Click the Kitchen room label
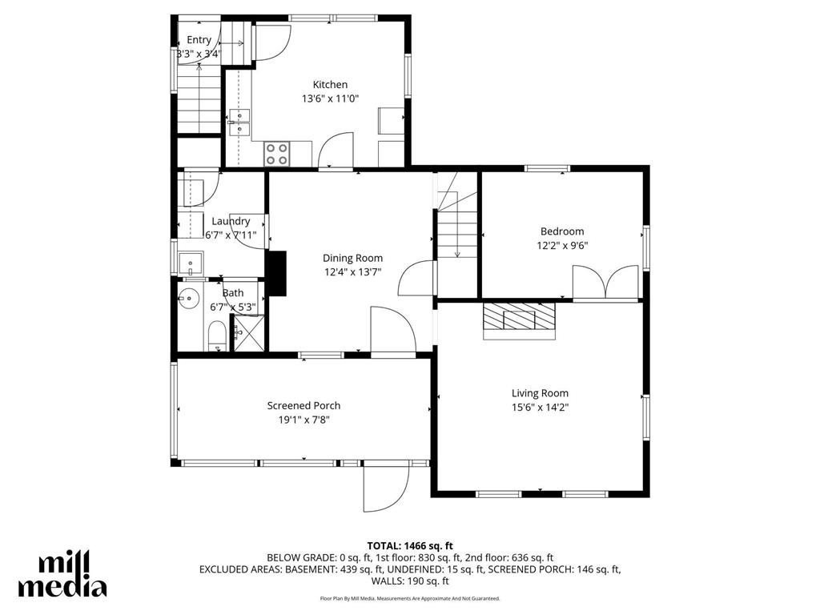[330, 84]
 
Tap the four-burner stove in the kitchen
[277, 153]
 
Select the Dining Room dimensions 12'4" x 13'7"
[352, 271]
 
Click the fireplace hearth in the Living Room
[518, 320]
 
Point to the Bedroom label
[561, 231]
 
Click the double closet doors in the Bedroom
[607, 283]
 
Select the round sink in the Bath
[190, 299]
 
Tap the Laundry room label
[231, 221]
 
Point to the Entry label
[199, 40]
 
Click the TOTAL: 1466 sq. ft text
[409, 545]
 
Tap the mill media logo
[62, 574]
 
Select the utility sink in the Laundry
[191, 262]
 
